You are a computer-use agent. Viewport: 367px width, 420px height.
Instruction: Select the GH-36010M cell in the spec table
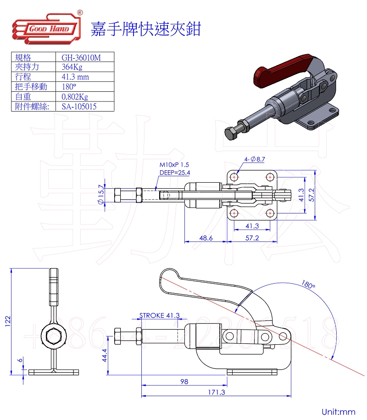(81, 57)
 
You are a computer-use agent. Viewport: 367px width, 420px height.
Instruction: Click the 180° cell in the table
(69, 87)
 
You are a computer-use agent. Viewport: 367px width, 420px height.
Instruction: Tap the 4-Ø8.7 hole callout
(255, 159)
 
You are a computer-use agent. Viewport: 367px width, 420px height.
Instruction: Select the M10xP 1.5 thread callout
(174, 164)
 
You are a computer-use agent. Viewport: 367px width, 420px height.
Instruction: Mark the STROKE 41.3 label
(159, 315)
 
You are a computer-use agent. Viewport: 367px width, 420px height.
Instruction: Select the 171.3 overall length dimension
(216, 392)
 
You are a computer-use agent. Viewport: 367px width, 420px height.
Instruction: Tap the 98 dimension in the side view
(183, 381)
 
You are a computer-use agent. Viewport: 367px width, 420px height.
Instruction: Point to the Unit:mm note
(339, 411)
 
